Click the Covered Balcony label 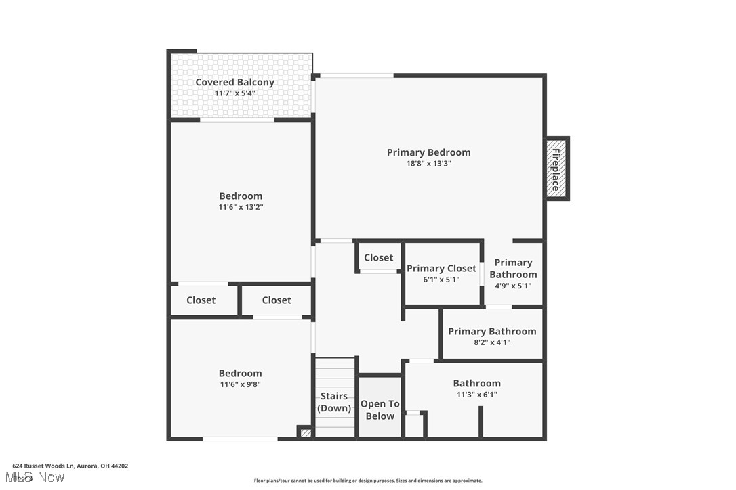point(234,82)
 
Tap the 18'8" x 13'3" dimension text point(428,163)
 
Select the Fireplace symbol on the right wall point(556,169)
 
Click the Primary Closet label point(441,269)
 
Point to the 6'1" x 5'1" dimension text point(441,280)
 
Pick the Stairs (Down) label point(334,402)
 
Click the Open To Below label point(380,409)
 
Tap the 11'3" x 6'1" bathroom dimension point(476,394)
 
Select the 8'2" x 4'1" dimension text point(491,342)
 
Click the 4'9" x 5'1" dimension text point(512,286)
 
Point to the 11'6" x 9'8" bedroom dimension point(240,384)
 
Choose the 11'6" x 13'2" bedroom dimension point(240,207)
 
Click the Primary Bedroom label point(428,152)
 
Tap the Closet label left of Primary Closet point(378,257)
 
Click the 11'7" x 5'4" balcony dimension point(234,93)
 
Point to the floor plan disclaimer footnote point(368,481)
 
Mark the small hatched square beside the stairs point(305,432)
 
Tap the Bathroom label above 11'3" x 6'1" point(476,383)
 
